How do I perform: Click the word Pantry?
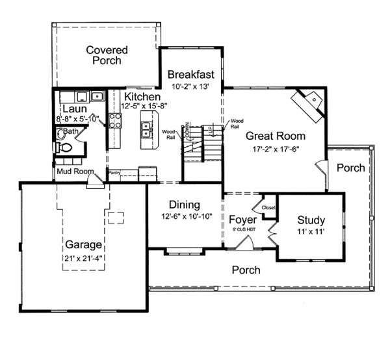(115, 173)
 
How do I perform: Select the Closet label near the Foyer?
(268, 207)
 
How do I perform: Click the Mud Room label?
(73, 172)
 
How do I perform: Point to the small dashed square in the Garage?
(116, 217)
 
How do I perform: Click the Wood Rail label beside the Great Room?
(237, 123)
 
